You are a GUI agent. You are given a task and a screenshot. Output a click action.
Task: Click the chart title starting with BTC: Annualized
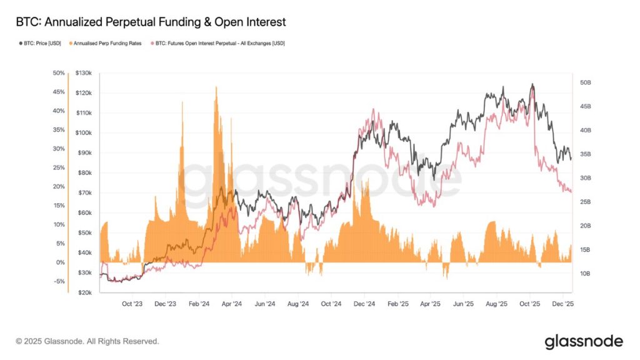[151, 22]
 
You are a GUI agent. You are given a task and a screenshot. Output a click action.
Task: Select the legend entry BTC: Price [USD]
[41, 43]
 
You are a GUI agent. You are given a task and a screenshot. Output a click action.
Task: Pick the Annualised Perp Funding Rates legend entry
[107, 43]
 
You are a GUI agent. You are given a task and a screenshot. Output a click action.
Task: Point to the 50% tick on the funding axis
[59, 73]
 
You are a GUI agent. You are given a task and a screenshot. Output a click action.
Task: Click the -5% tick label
[59, 281]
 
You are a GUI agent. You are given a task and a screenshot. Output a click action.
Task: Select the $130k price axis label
[84, 73]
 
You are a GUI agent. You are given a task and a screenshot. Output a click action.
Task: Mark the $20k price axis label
[85, 292]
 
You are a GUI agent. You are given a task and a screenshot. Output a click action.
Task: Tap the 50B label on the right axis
[586, 82]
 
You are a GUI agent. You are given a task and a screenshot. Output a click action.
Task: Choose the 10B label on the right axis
[586, 274]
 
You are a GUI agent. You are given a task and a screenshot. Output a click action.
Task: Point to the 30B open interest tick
[586, 178]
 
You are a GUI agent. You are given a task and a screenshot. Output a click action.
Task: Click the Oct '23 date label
[132, 304]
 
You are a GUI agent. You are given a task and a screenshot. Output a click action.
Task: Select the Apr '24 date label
[231, 304]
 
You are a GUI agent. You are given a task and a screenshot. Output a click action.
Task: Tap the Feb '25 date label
[397, 304]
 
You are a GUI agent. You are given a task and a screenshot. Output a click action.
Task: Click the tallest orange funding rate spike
[216, 87]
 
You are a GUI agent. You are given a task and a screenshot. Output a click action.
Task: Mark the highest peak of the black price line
[532, 84]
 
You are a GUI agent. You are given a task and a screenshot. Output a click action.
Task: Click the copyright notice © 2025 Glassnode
[87, 341]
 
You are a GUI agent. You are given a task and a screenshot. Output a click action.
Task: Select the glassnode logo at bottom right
[584, 341]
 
